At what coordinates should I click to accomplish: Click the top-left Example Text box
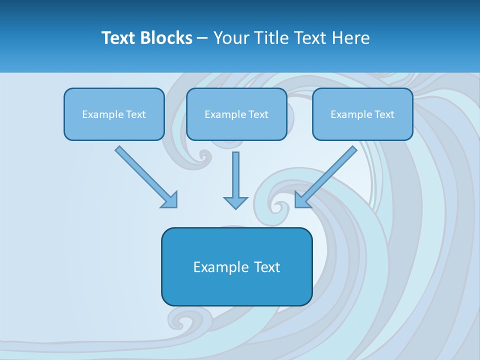tap(114, 114)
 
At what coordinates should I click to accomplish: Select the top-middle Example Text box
tap(236, 114)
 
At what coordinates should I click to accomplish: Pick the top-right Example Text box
tap(362, 114)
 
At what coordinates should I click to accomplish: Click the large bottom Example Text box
tap(236, 266)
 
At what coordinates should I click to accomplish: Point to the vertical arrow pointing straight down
tap(235, 177)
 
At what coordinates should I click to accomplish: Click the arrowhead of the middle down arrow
tap(235, 202)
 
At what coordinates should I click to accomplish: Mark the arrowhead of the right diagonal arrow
tap(301, 200)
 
